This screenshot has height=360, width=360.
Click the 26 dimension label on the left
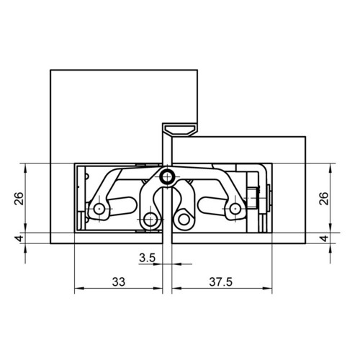(x=19, y=198)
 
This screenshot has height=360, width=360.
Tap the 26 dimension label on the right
(x=324, y=198)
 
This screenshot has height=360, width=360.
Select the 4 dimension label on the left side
(x=19, y=238)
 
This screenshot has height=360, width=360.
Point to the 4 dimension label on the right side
(x=324, y=238)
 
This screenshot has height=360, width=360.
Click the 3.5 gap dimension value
(x=148, y=258)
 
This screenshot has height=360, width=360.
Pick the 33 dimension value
(x=119, y=282)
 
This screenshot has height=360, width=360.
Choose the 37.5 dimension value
(x=221, y=282)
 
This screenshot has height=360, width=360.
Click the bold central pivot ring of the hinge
(x=167, y=178)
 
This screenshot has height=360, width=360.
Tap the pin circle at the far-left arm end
(x=99, y=209)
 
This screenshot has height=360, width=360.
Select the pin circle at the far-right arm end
(x=235, y=209)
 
